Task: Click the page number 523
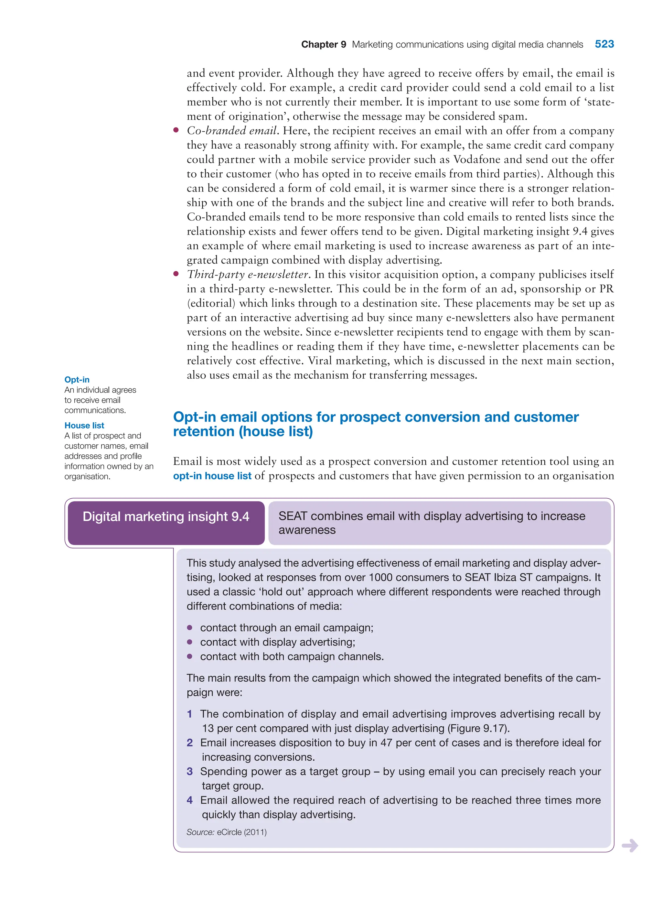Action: point(604,44)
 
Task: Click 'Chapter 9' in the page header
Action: point(323,45)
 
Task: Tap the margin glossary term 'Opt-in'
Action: point(77,380)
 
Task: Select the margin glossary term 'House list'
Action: point(84,425)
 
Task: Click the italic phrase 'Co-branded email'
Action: point(232,131)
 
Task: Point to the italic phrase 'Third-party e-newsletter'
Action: point(248,275)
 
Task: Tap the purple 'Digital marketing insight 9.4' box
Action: point(166,517)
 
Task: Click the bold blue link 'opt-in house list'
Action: point(212,476)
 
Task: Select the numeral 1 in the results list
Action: point(189,714)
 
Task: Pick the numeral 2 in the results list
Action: point(189,743)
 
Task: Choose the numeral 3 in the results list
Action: point(189,772)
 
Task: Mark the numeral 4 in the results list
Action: point(189,800)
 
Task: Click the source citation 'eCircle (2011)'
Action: point(242,832)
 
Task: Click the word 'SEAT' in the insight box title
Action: point(293,516)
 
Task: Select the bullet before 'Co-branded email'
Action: point(176,130)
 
